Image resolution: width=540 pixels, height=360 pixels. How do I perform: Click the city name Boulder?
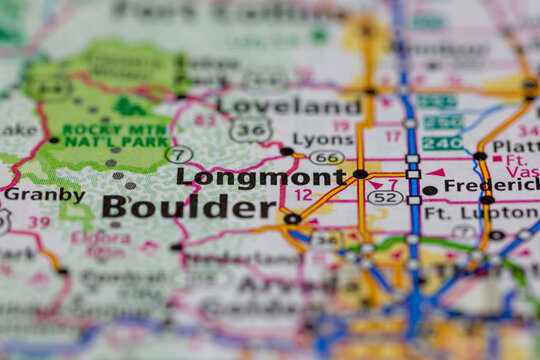click(x=175, y=207)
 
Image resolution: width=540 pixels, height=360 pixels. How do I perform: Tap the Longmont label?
click(x=261, y=177)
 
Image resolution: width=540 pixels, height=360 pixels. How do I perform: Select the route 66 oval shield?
click(x=326, y=157)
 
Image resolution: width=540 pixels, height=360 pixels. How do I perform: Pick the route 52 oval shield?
click(x=385, y=198)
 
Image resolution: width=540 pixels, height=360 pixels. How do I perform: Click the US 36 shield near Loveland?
click(x=249, y=130)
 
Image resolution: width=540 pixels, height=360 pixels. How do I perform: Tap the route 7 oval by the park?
click(x=179, y=155)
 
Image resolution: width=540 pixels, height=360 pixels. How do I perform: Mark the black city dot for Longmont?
click(x=360, y=174)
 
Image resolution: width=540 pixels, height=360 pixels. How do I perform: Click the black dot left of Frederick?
click(x=429, y=190)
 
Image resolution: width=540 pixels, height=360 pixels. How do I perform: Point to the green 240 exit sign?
click(x=441, y=143)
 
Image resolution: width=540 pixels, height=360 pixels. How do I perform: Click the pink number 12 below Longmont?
click(x=303, y=195)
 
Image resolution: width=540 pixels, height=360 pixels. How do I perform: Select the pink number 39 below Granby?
click(x=39, y=222)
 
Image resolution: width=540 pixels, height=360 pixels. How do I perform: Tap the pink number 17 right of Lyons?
click(x=393, y=135)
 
